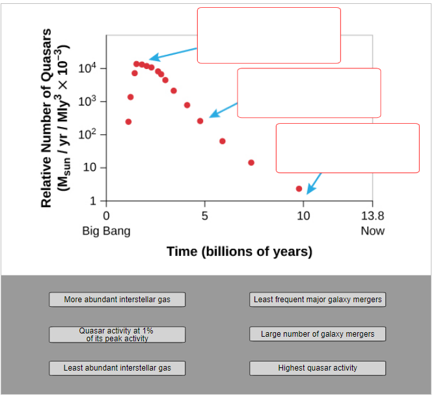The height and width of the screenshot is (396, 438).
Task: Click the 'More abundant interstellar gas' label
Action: [117, 300]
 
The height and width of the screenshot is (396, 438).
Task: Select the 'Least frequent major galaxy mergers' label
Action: [318, 300]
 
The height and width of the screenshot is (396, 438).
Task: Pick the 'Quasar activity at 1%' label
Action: [117, 334]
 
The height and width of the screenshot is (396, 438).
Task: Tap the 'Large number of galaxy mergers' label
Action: [318, 334]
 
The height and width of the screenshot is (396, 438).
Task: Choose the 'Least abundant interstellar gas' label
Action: [117, 368]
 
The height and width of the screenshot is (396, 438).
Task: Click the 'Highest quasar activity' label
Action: [318, 368]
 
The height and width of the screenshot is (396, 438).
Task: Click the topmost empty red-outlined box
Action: [269, 35]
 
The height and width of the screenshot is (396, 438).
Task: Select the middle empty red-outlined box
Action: [308, 92]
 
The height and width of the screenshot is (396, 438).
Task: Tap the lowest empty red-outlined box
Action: [348, 148]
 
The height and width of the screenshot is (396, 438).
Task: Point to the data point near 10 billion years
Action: [299, 189]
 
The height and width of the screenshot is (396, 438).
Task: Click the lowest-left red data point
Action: [128, 122]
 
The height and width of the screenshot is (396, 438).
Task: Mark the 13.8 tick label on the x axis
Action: [372, 216]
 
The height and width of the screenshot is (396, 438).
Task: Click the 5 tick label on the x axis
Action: [204, 216]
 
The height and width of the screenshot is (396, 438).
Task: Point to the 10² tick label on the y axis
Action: [87, 134]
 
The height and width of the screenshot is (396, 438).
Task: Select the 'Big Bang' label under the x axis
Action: [106, 231]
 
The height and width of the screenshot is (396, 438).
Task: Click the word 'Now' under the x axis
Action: [372, 231]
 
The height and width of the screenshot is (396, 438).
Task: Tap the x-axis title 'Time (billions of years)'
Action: [239, 251]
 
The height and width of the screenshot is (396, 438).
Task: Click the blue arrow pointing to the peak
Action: [173, 53]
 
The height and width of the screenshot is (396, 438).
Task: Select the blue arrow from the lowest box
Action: [314, 183]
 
